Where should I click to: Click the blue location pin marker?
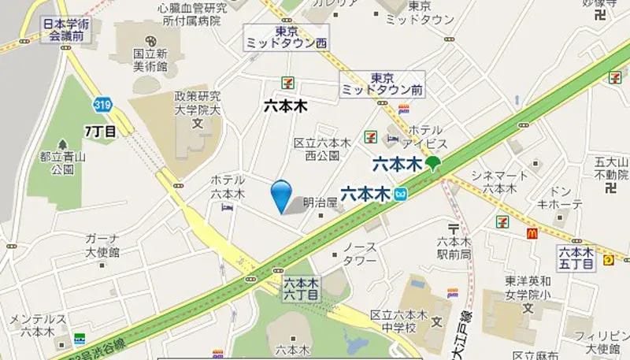[280, 194]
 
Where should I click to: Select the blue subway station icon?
[402, 192]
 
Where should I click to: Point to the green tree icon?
[432, 164]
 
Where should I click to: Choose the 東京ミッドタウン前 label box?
[381, 84]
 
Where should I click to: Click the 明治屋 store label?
[320, 202]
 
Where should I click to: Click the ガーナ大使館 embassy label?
[102, 245]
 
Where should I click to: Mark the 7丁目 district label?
[100, 130]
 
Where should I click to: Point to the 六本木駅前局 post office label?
[454, 247]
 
